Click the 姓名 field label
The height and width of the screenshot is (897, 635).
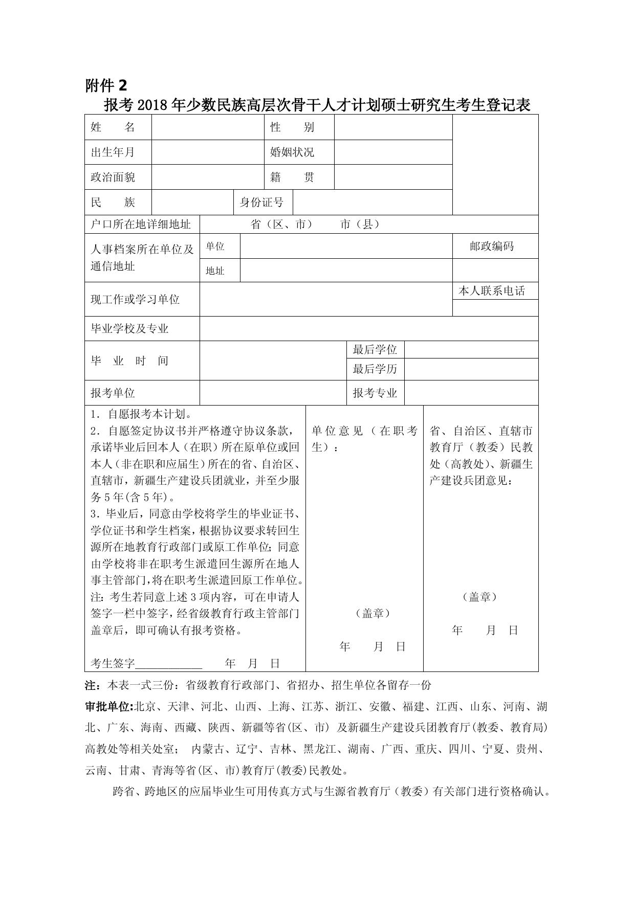[x=113, y=127]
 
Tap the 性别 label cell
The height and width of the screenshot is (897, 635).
[x=292, y=127]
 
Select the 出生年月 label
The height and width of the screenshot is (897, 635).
[x=113, y=152]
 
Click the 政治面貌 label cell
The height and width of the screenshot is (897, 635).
[x=113, y=177]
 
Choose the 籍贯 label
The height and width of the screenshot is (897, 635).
[x=292, y=177]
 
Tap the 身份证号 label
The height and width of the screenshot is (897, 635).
[x=261, y=203]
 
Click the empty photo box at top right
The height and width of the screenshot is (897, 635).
[x=495, y=164]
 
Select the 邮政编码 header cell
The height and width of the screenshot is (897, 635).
[x=491, y=246]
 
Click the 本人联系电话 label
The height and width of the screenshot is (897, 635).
[x=491, y=291]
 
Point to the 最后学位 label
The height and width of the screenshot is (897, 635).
[x=375, y=350]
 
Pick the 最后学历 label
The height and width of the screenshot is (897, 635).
[x=375, y=369]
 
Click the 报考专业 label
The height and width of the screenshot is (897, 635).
[x=375, y=393]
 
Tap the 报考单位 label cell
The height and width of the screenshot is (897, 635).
[x=113, y=393]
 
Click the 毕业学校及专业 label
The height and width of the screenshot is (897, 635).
[x=129, y=328]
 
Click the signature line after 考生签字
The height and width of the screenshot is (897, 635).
[x=168, y=664]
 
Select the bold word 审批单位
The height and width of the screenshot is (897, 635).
[x=108, y=707]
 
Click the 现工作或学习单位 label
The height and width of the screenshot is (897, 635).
[x=135, y=299]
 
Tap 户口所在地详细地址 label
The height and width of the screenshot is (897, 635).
[x=140, y=224]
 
